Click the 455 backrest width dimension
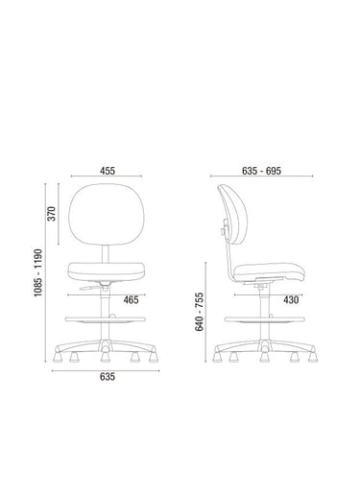[x=108, y=171]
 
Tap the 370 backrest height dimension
[x=52, y=214]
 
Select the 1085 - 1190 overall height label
[x=38, y=272]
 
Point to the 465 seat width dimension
[x=132, y=300]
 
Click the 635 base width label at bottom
[x=108, y=377]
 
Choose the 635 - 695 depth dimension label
[x=261, y=171]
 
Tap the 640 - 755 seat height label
[x=199, y=312]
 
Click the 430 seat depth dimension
[x=291, y=300]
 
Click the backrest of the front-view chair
[x=107, y=214]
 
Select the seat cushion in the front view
[x=107, y=271]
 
